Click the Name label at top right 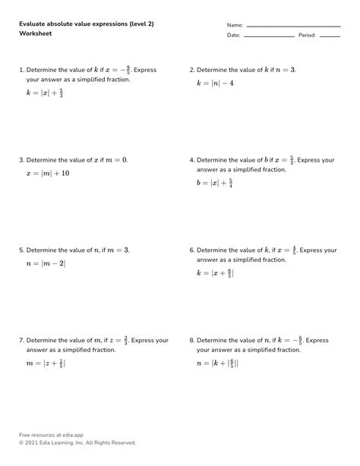235,25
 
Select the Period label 307,36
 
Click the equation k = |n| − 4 215,82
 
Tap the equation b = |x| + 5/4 214,184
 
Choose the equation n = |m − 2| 46,263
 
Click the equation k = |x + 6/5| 215,272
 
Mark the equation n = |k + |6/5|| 217,364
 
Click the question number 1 21,71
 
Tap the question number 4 191,161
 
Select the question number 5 21,250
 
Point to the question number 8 191,341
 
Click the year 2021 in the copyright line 34,442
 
